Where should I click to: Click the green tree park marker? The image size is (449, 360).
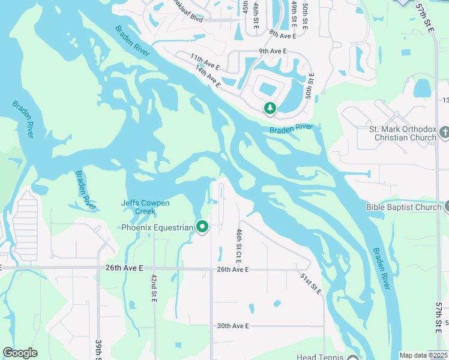point(270,108)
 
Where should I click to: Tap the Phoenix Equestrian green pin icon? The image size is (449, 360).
point(202,227)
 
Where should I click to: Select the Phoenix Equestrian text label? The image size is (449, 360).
point(157,227)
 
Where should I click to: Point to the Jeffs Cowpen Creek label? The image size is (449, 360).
point(145,207)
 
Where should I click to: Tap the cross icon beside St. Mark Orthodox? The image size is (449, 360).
point(444,131)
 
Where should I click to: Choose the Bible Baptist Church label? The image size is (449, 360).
point(404,208)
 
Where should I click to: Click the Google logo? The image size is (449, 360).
point(20,353)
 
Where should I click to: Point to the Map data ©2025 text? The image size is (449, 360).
point(423,355)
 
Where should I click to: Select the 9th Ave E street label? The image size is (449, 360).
point(273,52)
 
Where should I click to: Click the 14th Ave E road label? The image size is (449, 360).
point(208,76)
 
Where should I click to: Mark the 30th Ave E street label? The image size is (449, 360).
point(233,326)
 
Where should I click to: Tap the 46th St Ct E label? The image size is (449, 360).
point(239,246)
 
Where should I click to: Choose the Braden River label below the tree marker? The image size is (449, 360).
point(291,128)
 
